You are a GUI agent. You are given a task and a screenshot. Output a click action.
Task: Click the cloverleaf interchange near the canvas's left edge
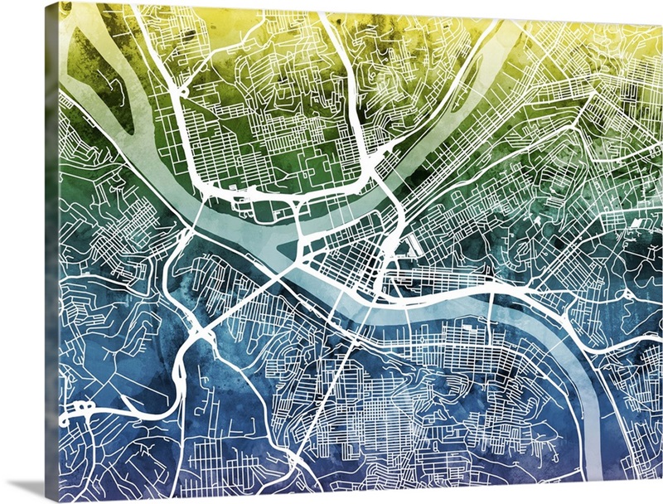coord(83,408)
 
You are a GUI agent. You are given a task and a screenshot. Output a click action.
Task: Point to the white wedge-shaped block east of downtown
coord(409,243)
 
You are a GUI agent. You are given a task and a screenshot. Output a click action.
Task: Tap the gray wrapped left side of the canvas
coord(52,249)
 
